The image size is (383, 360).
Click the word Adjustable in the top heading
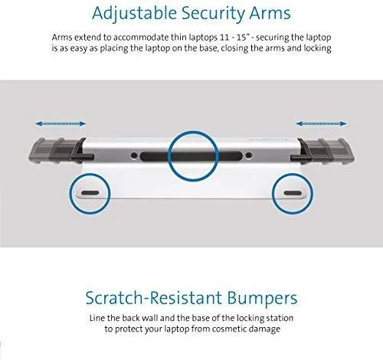click(x=134, y=13)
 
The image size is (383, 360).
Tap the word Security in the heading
click(x=213, y=14)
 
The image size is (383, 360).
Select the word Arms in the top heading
click(x=270, y=13)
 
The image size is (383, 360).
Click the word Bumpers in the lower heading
click(x=262, y=299)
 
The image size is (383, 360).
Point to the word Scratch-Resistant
click(x=154, y=297)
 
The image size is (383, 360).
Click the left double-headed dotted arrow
click(x=61, y=124)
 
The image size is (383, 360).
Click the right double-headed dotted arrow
click(x=321, y=124)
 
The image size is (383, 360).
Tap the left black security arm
click(x=60, y=151)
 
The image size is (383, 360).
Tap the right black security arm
click(x=323, y=151)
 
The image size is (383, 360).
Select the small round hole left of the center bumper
click(x=134, y=155)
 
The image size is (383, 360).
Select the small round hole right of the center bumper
click(x=248, y=155)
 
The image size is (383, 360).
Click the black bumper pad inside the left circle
click(x=90, y=193)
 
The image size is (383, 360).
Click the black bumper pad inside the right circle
click(x=293, y=193)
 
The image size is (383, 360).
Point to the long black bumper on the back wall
click(x=191, y=155)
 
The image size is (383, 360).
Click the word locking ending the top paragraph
click(x=317, y=48)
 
